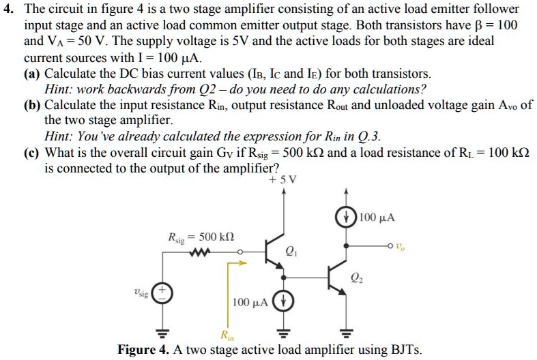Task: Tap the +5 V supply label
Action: (x=283, y=180)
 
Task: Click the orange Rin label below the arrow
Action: (x=226, y=333)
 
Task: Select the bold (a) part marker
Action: (x=32, y=73)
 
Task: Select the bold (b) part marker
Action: (x=32, y=105)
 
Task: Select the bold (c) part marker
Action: (x=32, y=151)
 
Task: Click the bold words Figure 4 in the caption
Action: (x=143, y=350)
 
